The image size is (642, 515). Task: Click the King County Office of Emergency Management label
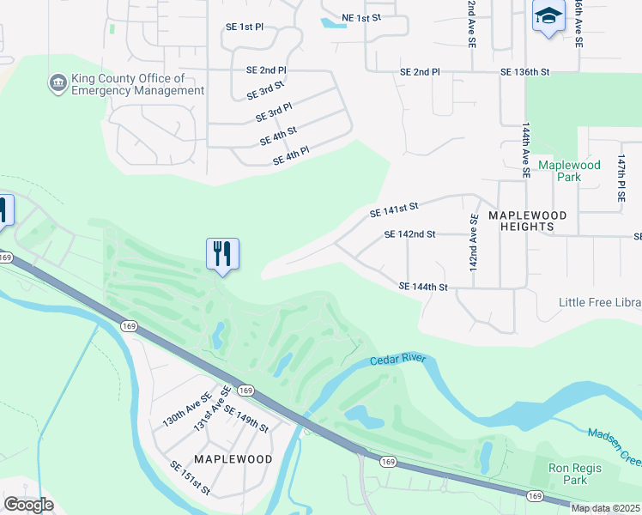tap(137, 84)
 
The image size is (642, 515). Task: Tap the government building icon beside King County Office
tap(58, 83)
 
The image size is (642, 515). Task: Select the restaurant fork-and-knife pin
tap(222, 253)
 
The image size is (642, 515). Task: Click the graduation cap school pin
tap(548, 16)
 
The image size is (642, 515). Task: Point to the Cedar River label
tap(397, 361)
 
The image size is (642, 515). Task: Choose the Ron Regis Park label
tap(575, 474)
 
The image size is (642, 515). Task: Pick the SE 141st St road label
tap(393, 207)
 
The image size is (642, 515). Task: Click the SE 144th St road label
tap(424, 287)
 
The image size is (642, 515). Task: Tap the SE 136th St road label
tap(524, 72)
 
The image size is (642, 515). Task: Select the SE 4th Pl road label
tap(290, 156)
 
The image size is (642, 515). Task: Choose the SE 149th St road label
tap(245, 418)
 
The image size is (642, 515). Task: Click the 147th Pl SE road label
tap(621, 179)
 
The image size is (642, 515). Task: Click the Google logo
tap(28, 505)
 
